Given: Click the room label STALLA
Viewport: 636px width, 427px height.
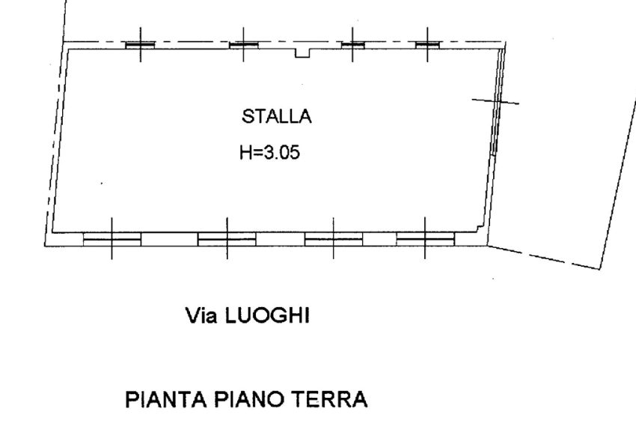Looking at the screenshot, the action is (x=277, y=117).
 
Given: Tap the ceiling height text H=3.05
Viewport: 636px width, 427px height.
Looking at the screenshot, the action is (x=269, y=152).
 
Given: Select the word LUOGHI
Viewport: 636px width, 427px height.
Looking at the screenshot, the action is (x=267, y=315).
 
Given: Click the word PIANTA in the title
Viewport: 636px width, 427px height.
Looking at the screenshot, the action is (x=166, y=399).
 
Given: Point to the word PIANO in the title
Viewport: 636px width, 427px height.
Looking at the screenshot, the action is (x=249, y=399).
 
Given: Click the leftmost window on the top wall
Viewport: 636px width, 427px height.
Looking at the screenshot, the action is (x=141, y=45).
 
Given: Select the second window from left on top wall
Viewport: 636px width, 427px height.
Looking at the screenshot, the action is (x=244, y=45).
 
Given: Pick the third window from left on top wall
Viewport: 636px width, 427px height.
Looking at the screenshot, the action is (x=353, y=45).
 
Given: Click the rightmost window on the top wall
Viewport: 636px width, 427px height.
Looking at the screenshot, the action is (x=427, y=45).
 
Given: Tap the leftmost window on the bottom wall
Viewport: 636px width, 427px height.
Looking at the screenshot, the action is (x=112, y=239).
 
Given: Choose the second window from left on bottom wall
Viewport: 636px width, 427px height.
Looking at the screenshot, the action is (x=227, y=239).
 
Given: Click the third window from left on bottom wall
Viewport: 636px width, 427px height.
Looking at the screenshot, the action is (x=334, y=239).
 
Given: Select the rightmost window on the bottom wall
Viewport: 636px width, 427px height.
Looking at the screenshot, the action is (x=426, y=239).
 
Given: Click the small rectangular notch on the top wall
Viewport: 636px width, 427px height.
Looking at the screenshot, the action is (x=302, y=53).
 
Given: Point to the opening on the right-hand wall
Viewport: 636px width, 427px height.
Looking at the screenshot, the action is (x=498, y=102).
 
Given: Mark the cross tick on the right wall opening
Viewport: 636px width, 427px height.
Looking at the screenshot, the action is (x=495, y=101).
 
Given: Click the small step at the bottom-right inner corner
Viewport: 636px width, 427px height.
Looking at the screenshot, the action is (x=480, y=228).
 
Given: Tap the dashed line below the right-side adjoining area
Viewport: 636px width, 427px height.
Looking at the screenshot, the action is (x=543, y=257).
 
